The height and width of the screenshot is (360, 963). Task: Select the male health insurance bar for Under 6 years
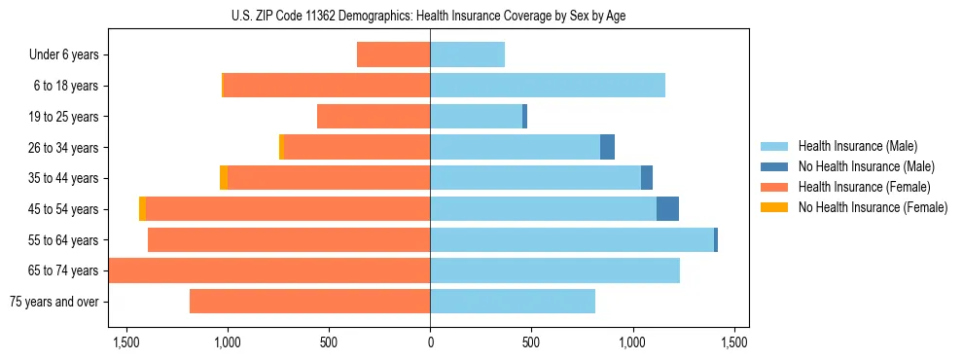tap(467, 54)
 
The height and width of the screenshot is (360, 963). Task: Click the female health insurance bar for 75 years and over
tap(309, 301)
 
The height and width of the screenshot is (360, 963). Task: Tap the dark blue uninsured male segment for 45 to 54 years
tap(667, 209)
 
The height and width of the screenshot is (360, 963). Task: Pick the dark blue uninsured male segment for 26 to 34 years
tap(607, 147)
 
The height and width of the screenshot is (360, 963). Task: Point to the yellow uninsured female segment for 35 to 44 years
tap(224, 178)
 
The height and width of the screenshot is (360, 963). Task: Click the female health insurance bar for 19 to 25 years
tap(374, 117)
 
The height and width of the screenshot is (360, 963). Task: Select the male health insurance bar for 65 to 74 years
tap(554, 270)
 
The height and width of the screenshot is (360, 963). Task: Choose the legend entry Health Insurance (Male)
tap(857, 146)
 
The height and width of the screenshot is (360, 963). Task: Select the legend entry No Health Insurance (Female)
tap(873, 207)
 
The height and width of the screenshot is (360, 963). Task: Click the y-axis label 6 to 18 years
tap(66, 86)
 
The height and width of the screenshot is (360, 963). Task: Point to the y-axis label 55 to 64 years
tap(63, 240)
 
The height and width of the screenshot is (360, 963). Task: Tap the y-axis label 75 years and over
tap(53, 302)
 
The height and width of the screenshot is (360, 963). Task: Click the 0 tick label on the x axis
tap(430, 342)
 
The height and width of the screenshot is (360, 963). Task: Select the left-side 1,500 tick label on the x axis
tap(125, 342)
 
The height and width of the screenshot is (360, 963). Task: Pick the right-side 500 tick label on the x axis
tap(531, 342)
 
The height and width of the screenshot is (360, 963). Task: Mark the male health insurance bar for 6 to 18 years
tap(548, 86)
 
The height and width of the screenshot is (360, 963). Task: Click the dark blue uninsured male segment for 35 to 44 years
tap(647, 178)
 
